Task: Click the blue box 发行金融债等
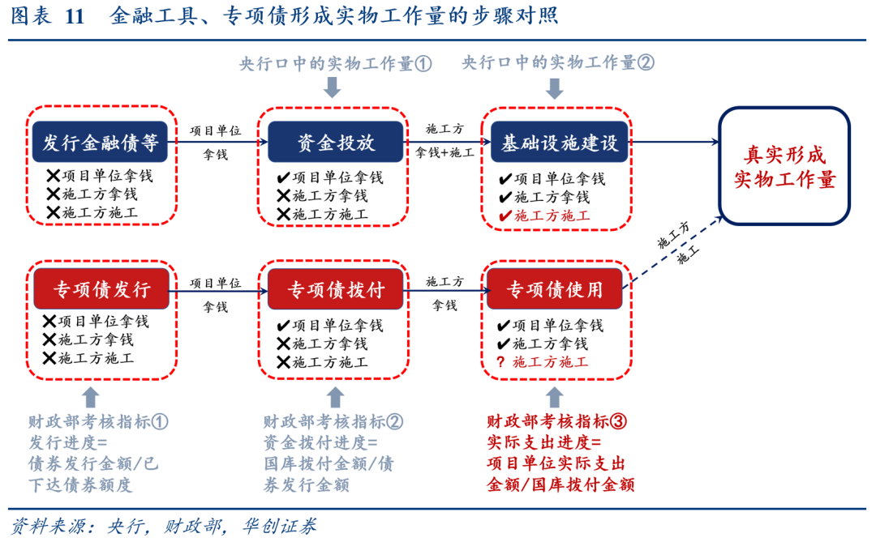[101, 143]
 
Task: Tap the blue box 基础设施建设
[559, 143]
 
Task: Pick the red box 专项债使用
[555, 289]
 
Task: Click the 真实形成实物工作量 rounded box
[784, 166]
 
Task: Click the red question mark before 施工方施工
[500, 361]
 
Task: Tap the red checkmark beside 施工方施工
[505, 216]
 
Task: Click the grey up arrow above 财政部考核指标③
[555, 396]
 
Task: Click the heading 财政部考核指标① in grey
[98, 422]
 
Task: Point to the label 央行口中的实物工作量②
[558, 63]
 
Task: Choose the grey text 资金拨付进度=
[320, 442]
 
